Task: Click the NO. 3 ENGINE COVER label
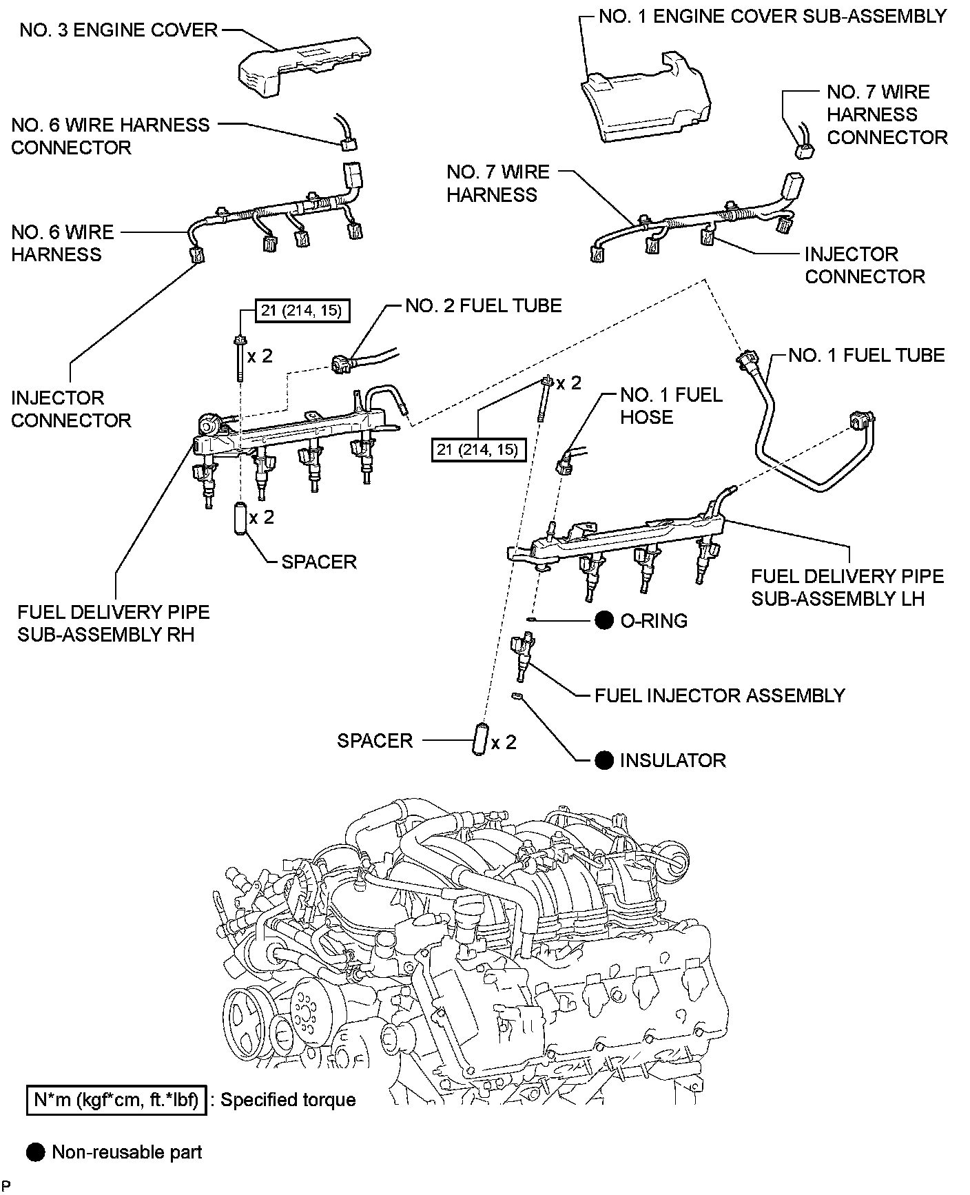point(118,30)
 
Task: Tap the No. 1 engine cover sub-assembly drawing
point(644,99)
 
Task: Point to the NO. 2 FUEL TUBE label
point(483,305)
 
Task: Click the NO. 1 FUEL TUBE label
point(866,355)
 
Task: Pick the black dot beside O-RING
point(604,621)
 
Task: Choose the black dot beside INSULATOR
point(604,760)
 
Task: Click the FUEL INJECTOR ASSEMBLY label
point(719,695)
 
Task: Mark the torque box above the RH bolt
point(302,311)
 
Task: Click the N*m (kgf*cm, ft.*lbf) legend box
point(116,1099)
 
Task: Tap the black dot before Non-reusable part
point(36,1152)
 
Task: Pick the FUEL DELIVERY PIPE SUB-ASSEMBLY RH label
point(113,623)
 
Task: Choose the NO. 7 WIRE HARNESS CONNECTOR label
point(887,115)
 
